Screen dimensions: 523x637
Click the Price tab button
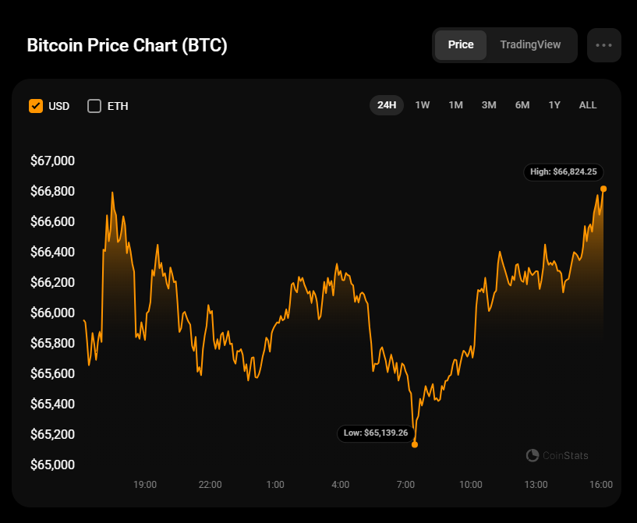[461, 45]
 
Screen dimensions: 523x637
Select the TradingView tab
[530, 45]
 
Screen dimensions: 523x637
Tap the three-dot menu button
[603, 45]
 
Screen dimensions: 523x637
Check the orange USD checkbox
[36, 106]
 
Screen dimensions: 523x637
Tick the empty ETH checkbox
[94, 106]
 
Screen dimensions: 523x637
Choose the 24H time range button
[387, 105]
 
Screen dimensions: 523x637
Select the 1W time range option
[423, 105]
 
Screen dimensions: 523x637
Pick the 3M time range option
[489, 105]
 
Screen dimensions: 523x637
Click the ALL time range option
[588, 105]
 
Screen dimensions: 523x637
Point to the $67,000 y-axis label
[52, 161]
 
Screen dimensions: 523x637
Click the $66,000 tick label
[52, 313]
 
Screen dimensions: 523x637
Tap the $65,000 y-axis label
[52, 465]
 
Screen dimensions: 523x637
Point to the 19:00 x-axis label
[145, 485]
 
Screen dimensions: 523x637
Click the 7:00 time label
[405, 485]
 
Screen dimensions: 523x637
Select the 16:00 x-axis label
[601, 485]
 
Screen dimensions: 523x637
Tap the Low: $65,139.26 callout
[376, 433]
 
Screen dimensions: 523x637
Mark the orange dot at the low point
[415, 444]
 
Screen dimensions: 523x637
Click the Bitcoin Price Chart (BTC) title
[127, 45]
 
